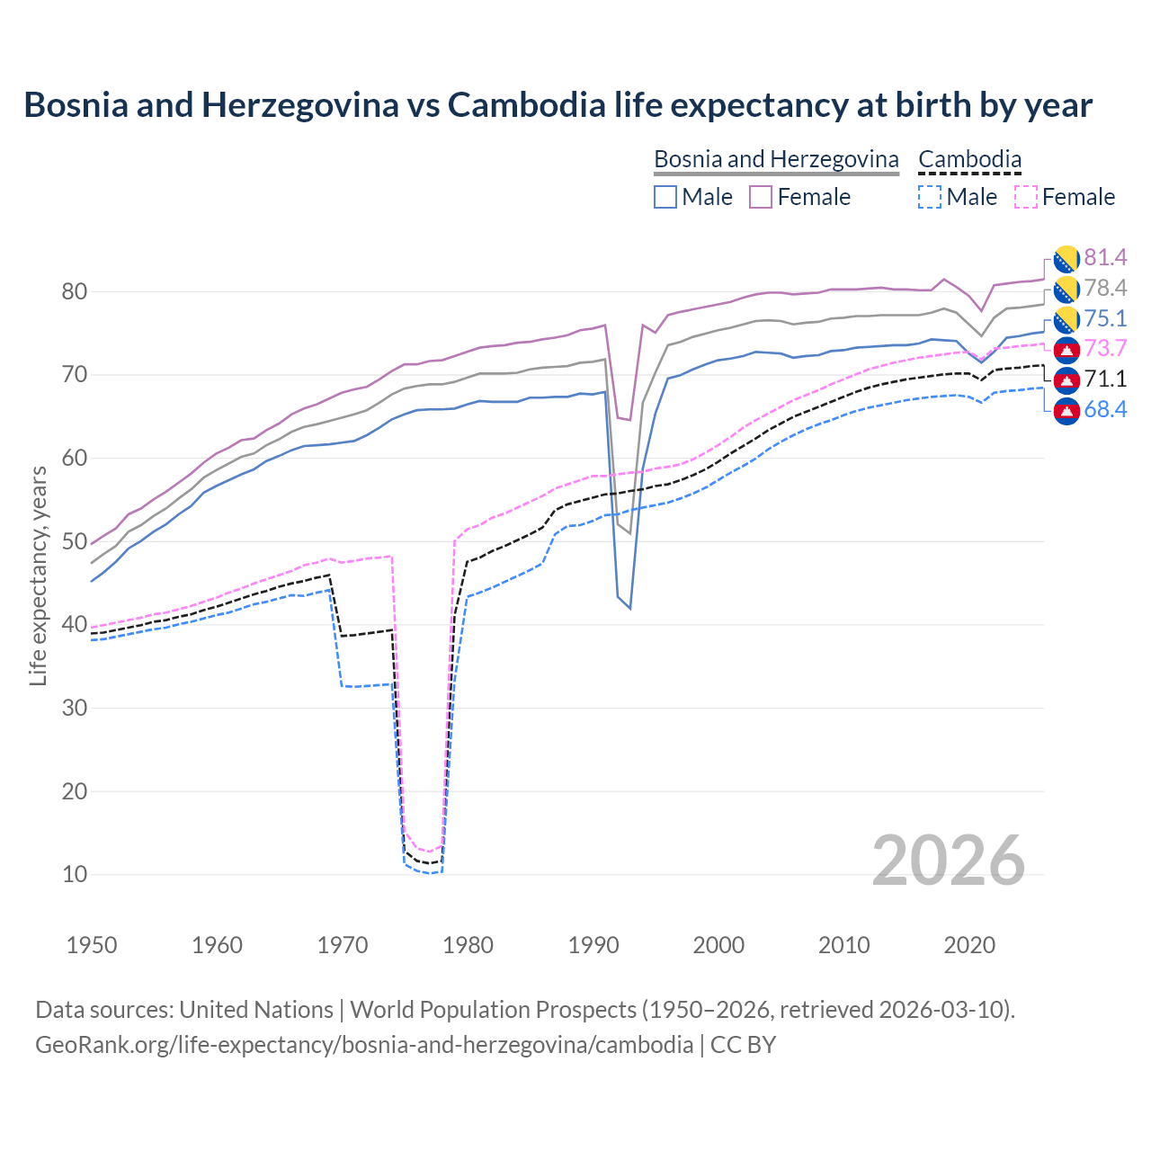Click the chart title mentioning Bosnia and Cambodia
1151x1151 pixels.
(558, 105)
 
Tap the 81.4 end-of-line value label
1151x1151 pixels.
(1105, 258)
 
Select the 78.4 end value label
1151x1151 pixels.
(1105, 289)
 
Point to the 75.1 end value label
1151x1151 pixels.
(1105, 319)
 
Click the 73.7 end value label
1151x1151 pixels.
(1105, 349)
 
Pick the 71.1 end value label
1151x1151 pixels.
(1105, 379)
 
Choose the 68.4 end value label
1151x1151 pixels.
(1105, 410)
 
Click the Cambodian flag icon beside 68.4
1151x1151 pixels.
(1066, 411)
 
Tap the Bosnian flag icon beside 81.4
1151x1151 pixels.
(1066, 259)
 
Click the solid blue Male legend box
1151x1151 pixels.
(665, 197)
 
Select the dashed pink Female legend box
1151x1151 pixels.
(1025, 197)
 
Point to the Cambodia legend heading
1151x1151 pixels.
(969, 159)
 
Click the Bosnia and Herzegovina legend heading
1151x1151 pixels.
(776, 159)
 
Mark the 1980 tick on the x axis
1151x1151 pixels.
(468, 945)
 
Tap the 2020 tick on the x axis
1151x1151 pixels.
(969, 945)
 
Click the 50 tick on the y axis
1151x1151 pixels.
(75, 541)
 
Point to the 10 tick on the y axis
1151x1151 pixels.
(75, 874)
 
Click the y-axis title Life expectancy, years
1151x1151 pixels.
(38, 575)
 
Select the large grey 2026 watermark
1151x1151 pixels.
(949, 861)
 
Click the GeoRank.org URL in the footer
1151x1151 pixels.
(364, 1045)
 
